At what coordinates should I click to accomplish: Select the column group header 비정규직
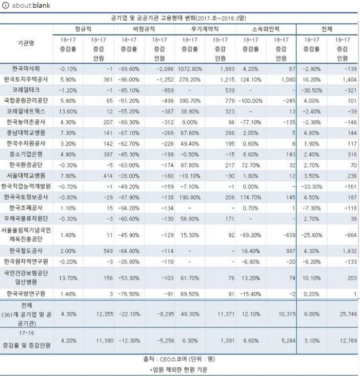tap(145, 29)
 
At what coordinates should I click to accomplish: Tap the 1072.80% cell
tap(190, 69)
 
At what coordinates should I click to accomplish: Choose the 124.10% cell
tap(251, 80)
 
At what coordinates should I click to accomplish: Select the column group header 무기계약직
tap(205, 29)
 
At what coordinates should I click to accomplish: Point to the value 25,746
tap(345, 313)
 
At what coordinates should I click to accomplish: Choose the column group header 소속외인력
tap(266, 29)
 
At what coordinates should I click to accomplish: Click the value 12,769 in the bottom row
tap(345, 340)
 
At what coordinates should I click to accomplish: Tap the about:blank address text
tap(25, 5)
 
